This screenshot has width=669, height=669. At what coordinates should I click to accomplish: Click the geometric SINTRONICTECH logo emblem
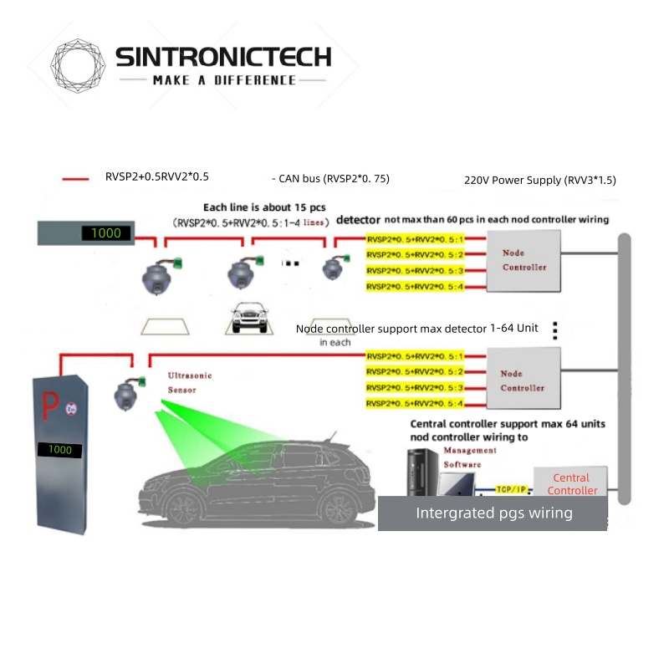[x=79, y=64]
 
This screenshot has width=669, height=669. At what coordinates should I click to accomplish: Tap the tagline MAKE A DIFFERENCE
[x=224, y=80]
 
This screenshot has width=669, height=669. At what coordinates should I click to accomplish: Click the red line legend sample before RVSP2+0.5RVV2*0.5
[x=76, y=178]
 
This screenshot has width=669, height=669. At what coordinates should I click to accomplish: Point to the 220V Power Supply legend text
[x=540, y=180]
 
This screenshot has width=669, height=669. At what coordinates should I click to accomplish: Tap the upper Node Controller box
[x=524, y=260]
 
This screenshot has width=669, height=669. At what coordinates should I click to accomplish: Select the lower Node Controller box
[x=523, y=381]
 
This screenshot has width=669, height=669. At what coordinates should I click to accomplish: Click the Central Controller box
[x=572, y=484]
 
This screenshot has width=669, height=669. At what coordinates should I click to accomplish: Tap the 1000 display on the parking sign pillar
[x=60, y=450]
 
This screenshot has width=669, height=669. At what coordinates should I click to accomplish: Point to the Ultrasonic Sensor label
[x=190, y=383]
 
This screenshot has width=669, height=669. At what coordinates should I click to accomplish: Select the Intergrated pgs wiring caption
[x=494, y=513]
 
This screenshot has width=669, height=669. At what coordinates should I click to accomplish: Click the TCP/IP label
[x=508, y=488]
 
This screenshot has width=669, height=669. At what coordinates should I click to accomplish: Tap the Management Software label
[x=469, y=457]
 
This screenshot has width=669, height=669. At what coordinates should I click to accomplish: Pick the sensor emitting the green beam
[x=128, y=393]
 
